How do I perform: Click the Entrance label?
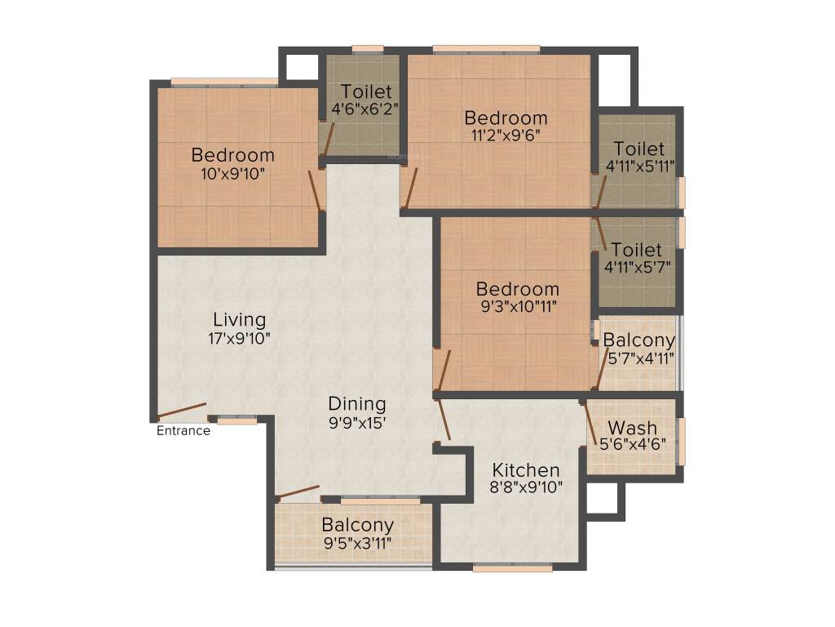[183, 431]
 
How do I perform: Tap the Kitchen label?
[526, 470]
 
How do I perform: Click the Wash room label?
[632, 428]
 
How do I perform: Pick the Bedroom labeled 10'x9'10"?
[232, 155]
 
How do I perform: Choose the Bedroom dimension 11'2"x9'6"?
[506, 136]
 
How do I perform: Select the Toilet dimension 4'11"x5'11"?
[639, 166]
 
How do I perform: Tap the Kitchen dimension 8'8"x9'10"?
[526, 487]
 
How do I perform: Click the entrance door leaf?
[182, 410]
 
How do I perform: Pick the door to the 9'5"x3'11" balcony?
[298, 492]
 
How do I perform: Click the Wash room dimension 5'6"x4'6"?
[633, 445]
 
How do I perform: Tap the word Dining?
[357, 404]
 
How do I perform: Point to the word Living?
[240, 318]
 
